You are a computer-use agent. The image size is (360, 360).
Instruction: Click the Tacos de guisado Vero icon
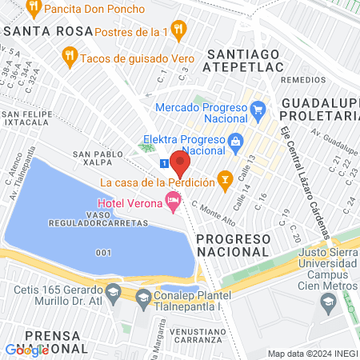coord(70,57)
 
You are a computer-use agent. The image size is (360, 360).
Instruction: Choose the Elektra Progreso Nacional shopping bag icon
coord(235,143)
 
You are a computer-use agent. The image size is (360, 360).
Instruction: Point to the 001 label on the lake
coord(102,252)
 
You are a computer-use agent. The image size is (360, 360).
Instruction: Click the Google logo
coord(26,350)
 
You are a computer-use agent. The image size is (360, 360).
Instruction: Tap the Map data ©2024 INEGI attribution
coord(311,354)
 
